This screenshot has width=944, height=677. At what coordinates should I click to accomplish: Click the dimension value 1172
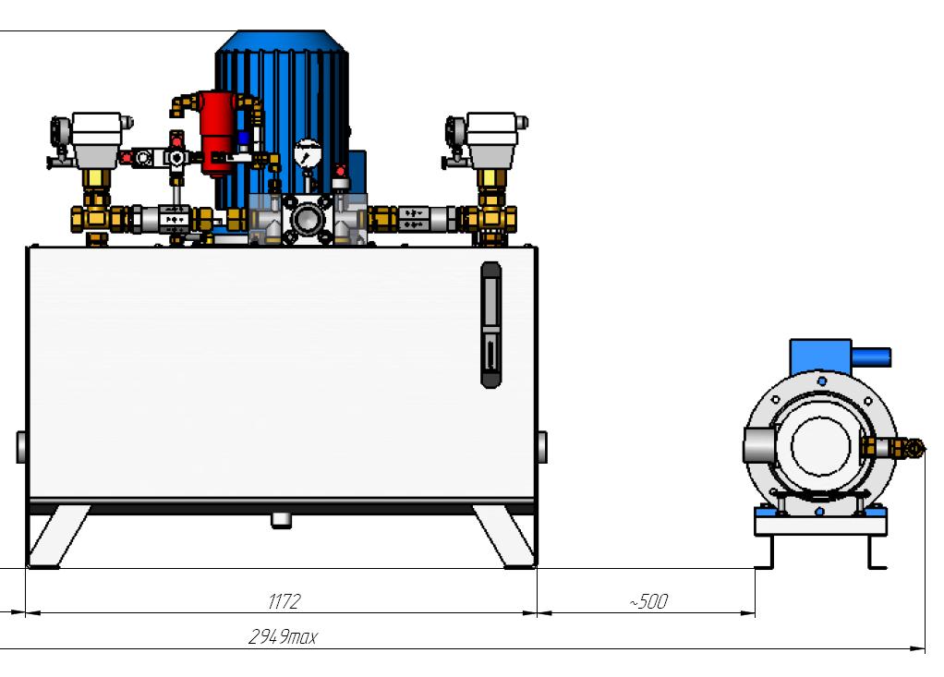284,602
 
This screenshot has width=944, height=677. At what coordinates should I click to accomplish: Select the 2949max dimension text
282,637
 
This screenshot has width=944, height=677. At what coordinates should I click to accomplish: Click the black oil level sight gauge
490,323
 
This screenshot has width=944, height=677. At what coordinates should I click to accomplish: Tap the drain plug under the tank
281,521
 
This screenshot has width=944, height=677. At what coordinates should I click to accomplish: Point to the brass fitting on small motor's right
892,449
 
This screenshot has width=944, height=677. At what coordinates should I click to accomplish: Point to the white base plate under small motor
820,525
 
